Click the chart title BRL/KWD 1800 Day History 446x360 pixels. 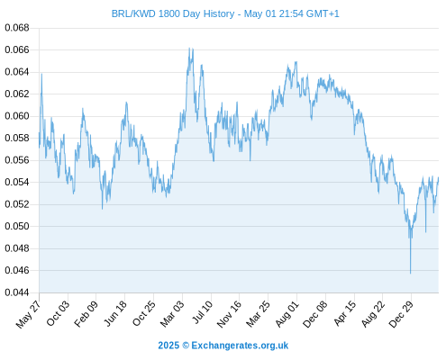coord(173,13)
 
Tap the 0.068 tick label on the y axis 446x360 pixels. coord(17,28)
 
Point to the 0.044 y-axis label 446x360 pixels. coord(17,292)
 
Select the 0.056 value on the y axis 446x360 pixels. coord(17,160)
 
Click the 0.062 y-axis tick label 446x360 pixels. coord(17,94)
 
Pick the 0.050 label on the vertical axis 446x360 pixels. coord(17,226)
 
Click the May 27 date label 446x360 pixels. coord(28,314)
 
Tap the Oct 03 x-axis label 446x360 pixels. coord(58,312)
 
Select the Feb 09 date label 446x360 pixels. coord(86,313)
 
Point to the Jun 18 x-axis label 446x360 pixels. coord(115,313)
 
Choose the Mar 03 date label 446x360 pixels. coord(171,313)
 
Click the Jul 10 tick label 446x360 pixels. coord(202,311)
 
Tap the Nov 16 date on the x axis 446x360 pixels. coord(229,313)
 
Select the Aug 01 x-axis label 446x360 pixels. coord(287,313)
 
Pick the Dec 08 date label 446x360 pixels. coord(314,314)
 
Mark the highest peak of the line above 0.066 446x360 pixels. coord(189,48)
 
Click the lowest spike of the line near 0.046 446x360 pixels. coord(410,273)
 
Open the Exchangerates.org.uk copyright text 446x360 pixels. coord(223,346)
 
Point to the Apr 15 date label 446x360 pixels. coord(345,313)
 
